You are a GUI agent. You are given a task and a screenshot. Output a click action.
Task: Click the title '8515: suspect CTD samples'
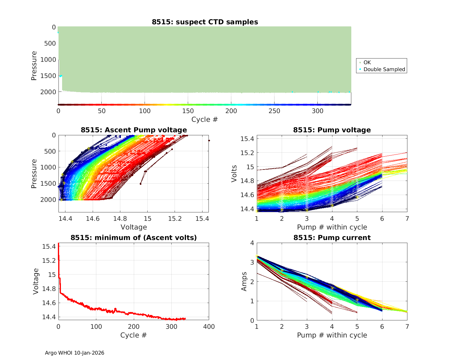click(205, 22)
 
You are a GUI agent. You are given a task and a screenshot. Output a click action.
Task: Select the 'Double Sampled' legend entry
click(384, 69)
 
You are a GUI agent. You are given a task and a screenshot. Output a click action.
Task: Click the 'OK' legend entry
click(367, 62)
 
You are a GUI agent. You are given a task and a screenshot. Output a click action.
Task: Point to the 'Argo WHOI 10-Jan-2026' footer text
click(74, 353)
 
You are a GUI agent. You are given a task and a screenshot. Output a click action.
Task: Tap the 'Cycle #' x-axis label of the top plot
click(205, 119)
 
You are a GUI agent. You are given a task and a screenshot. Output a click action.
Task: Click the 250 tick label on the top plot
click(274, 111)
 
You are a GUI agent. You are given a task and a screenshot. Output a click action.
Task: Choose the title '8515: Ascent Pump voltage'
click(133, 130)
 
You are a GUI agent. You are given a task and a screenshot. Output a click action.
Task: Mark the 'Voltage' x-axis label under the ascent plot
click(133, 227)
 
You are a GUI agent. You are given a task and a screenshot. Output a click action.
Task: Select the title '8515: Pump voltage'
click(332, 130)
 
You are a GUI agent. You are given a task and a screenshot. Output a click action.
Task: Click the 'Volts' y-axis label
click(234, 173)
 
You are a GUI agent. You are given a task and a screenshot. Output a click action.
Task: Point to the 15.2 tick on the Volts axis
click(247, 153)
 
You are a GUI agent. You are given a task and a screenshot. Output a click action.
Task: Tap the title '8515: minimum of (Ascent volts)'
click(133, 238)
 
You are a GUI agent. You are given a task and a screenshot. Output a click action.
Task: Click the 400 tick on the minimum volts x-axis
click(209, 327)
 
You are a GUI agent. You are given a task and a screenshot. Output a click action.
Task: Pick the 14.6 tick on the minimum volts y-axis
click(48, 303)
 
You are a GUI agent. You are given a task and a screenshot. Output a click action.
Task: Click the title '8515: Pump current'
click(332, 238)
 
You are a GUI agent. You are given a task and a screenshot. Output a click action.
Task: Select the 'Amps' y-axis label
click(244, 281)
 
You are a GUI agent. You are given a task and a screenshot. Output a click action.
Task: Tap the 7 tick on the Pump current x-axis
click(407, 327)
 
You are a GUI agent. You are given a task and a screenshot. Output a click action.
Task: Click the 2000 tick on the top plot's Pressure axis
click(48, 92)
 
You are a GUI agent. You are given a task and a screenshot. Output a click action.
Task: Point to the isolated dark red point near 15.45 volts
click(209, 140)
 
